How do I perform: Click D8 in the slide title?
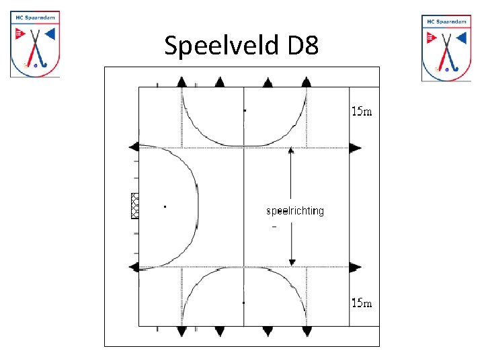point(302,46)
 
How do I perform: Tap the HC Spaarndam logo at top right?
point(446,47)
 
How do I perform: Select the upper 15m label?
point(362,112)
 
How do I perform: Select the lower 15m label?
point(362,303)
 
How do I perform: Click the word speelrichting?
point(295,211)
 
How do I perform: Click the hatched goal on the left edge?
point(134,205)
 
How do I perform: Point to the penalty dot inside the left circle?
point(165,206)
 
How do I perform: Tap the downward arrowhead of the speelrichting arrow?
point(291,261)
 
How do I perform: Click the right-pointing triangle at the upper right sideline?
point(355,147)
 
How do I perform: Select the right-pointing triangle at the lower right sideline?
point(355,267)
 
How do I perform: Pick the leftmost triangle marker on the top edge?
point(182,82)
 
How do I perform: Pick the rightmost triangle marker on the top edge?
point(307,82)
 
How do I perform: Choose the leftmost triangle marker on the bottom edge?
point(182,331)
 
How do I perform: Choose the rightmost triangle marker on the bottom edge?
point(307,331)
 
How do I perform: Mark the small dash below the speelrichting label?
point(274,227)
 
